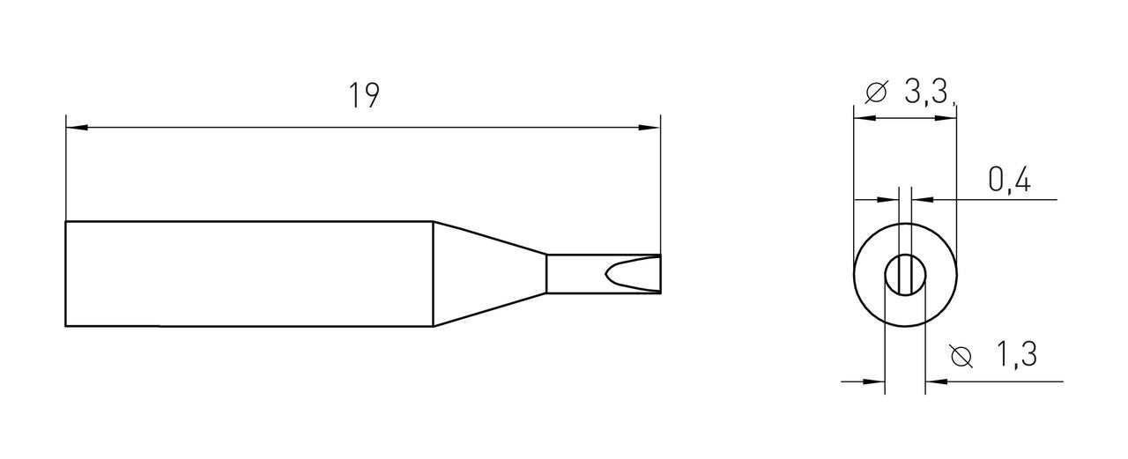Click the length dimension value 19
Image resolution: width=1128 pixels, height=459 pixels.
click(362, 96)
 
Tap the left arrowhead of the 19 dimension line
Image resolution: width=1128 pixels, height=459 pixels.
click(77, 129)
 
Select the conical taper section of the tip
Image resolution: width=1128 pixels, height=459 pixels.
click(489, 273)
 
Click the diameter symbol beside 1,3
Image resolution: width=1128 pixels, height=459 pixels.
click(962, 357)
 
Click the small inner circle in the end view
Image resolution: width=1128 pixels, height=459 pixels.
click(905, 274)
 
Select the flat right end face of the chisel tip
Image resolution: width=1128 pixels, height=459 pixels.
click(660, 273)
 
